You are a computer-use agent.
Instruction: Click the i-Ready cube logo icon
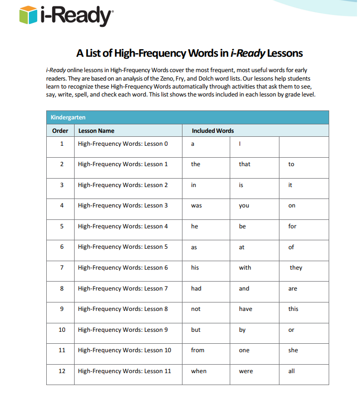pyautogui.click(x=28, y=15)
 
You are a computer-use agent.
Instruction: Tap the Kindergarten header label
pyautogui.click(x=68, y=117)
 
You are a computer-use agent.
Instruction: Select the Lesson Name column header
pyautogui.click(x=96, y=131)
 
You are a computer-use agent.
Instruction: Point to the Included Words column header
pyautogui.click(x=213, y=131)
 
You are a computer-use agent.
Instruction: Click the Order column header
pyautogui.click(x=60, y=131)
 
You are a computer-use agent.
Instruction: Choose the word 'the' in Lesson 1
pyautogui.click(x=195, y=164)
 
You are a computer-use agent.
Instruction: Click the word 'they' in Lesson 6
pyautogui.click(x=296, y=268)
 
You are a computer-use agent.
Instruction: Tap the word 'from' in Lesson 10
pyautogui.click(x=197, y=350)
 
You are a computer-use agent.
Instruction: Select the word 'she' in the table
pyautogui.click(x=293, y=350)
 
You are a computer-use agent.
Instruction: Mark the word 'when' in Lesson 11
pyautogui.click(x=198, y=371)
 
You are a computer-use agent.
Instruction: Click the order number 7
pyautogui.click(x=62, y=268)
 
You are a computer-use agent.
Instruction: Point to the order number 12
pyautogui.click(x=62, y=371)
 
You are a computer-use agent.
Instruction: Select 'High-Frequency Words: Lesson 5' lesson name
pyautogui.click(x=123, y=247)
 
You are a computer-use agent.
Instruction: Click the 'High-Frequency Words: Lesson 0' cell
pyautogui.click(x=123, y=144)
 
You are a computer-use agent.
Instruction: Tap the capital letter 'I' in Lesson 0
pyautogui.click(x=240, y=144)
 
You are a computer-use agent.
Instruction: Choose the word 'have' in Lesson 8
pyautogui.click(x=246, y=309)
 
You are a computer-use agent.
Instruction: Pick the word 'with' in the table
pyautogui.click(x=245, y=268)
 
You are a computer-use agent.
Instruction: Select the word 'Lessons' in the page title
pyautogui.click(x=285, y=53)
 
